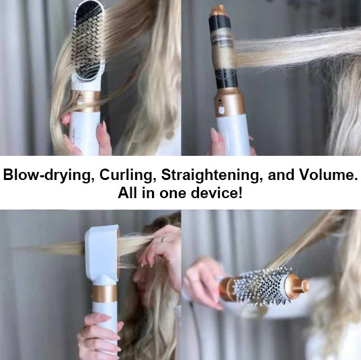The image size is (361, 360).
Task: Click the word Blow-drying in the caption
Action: click(x=47, y=175)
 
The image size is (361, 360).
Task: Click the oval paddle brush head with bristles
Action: click(x=88, y=41)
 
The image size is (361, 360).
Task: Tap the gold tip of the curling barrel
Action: click(x=218, y=11)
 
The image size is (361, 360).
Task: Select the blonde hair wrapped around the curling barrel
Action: click(x=223, y=53)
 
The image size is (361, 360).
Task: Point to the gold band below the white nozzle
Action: click(x=104, y=294)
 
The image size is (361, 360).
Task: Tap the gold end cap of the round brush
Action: click(x=296, y=285)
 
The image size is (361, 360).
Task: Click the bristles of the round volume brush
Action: click(x=262, y=285)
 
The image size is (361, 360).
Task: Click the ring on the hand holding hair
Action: click(x=163, y=239)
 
